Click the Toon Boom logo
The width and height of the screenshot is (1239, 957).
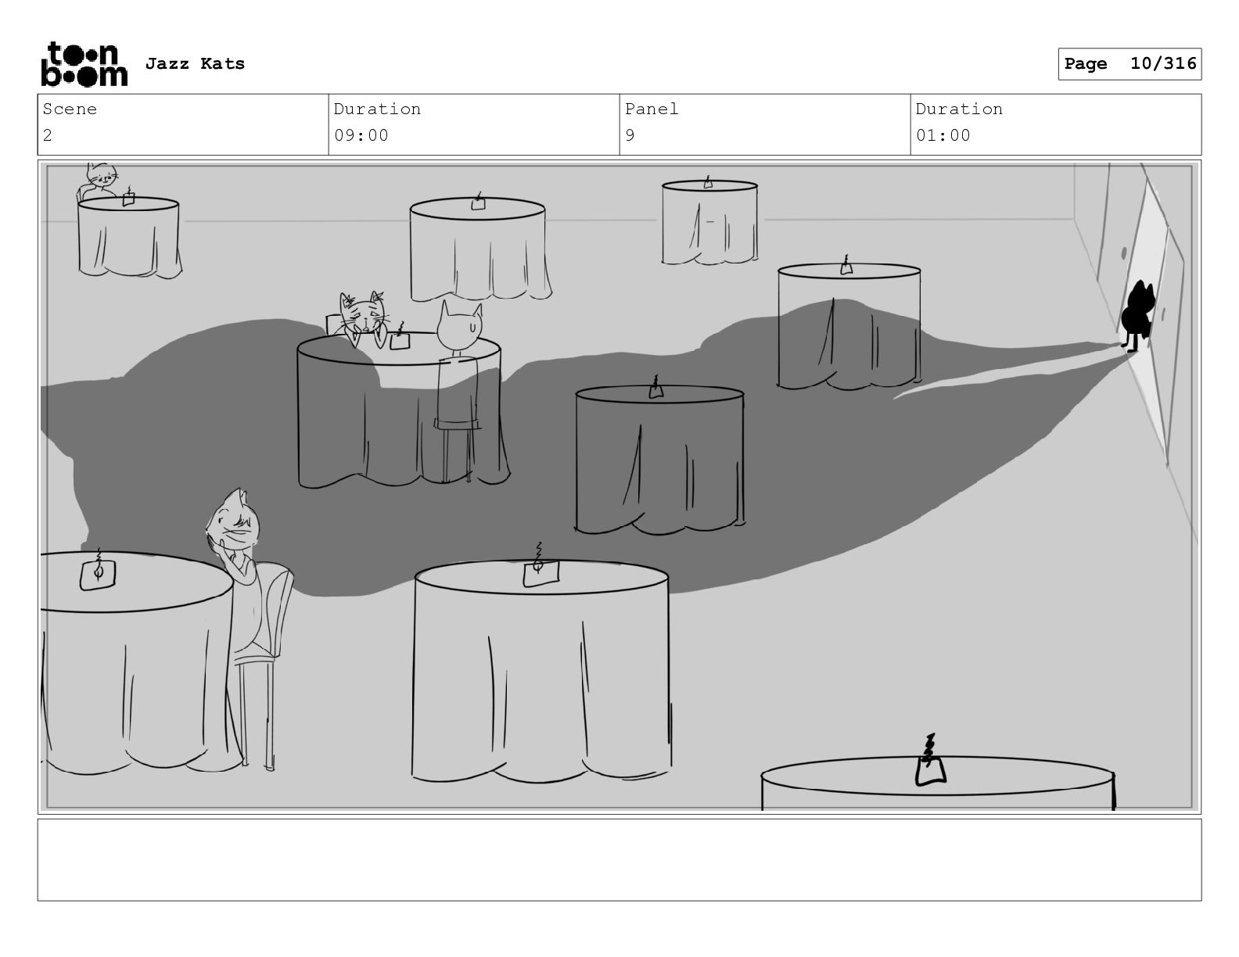pos(84,64)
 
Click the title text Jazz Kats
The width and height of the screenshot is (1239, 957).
pos(195,63)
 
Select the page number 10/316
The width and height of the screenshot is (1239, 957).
pos(1163,63)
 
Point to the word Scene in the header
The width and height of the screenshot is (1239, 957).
pos(70,109)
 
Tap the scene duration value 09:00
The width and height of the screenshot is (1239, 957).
pos(361,135)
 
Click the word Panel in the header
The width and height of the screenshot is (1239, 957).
pos(652,109)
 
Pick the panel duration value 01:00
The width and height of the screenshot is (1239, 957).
pos(943,135)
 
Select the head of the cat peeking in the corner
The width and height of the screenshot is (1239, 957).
pos(102,174)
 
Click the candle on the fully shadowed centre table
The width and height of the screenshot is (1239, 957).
pos(656,388)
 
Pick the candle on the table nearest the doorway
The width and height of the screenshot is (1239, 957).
pos(846,266)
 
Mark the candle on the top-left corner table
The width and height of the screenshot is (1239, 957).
pos(129,196)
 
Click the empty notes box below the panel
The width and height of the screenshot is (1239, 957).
pos(619,860)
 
